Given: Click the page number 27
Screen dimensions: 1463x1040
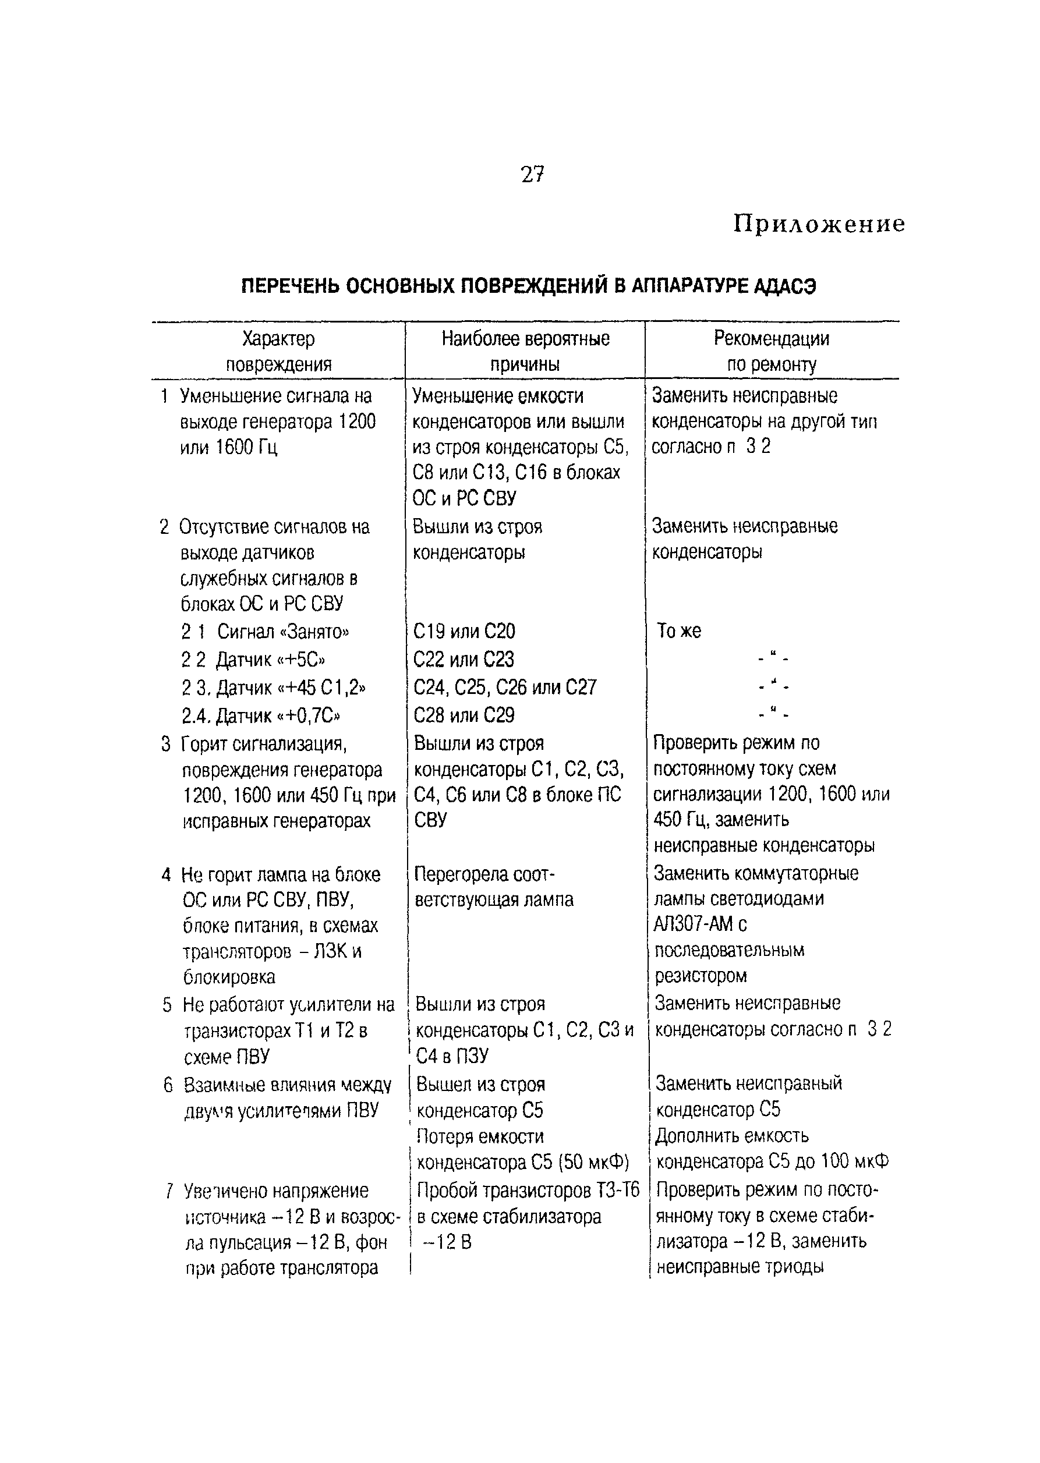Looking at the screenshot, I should click(x=532, y=174).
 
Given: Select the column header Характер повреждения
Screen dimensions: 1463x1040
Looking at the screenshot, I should click(x=278, y=352).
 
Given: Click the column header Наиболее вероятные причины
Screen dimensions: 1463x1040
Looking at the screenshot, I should click(x=525, y=352).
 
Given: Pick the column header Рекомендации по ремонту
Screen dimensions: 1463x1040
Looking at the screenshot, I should click(x=771, y=352).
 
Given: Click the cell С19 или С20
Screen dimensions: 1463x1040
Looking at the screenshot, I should click(x=464, y=632).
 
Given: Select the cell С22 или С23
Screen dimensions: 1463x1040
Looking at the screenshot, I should click(x=463, y=660).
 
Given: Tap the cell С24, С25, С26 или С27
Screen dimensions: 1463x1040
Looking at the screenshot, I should click(x=505, y=688).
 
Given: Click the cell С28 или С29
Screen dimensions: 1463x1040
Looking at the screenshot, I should click(x=464, y=715).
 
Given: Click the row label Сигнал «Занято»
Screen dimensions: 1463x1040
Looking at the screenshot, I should click(x=283, y=632).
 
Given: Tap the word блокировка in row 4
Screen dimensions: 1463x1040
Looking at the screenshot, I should click(x=229, y=977).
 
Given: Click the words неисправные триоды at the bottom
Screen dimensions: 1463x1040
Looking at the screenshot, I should click(x=740, y=1266).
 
